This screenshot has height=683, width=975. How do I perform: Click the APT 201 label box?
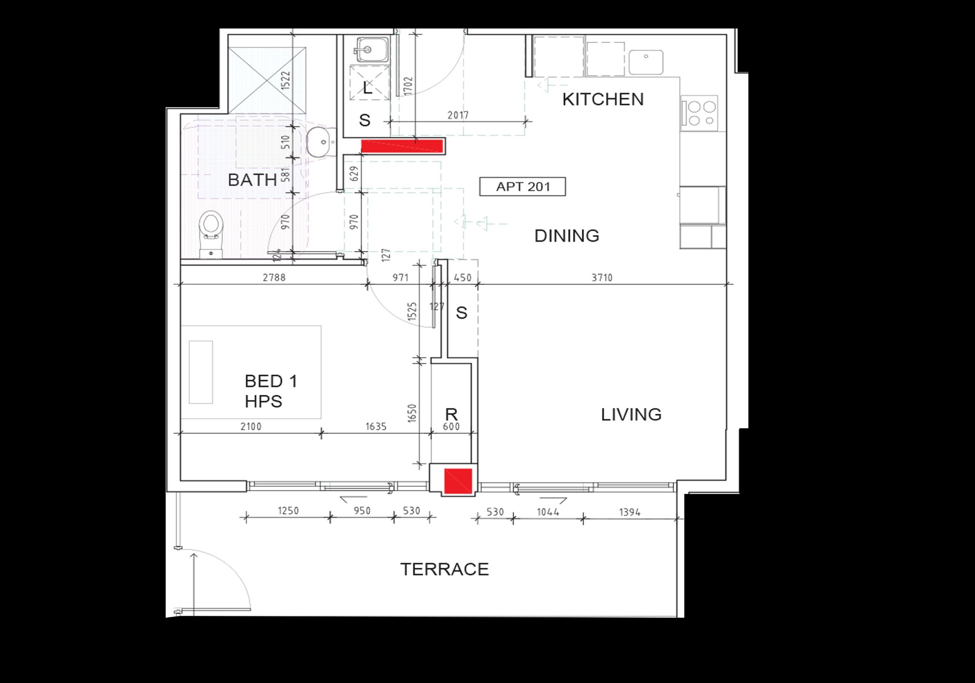(523, 187)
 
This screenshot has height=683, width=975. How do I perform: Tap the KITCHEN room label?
(603, 99)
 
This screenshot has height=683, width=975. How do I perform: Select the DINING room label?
(567, 236)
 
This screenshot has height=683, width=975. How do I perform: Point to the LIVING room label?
(631, 414)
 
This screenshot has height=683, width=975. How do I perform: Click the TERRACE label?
(444, 569)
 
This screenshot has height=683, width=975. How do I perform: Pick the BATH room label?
(252, 180)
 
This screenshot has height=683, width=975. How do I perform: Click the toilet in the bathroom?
(210, 234)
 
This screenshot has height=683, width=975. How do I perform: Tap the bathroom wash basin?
(321, 142)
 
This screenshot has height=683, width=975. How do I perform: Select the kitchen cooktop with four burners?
(699, 112)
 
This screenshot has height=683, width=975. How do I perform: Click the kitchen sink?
(646, 62)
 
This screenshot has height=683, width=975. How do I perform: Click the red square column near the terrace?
(458, 481)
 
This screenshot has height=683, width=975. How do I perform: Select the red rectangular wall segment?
(402, 146)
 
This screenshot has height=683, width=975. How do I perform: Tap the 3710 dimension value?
(602, 277)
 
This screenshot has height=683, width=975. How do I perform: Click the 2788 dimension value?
(274, 277)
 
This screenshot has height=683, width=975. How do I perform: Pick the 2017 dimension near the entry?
(458, 115)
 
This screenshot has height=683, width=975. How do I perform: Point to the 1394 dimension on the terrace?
(630, 512)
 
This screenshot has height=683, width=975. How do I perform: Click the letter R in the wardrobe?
(451, 413)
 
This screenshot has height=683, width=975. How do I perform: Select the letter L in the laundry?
(367, 88)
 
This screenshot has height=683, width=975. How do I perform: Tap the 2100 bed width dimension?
(250, 426)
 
